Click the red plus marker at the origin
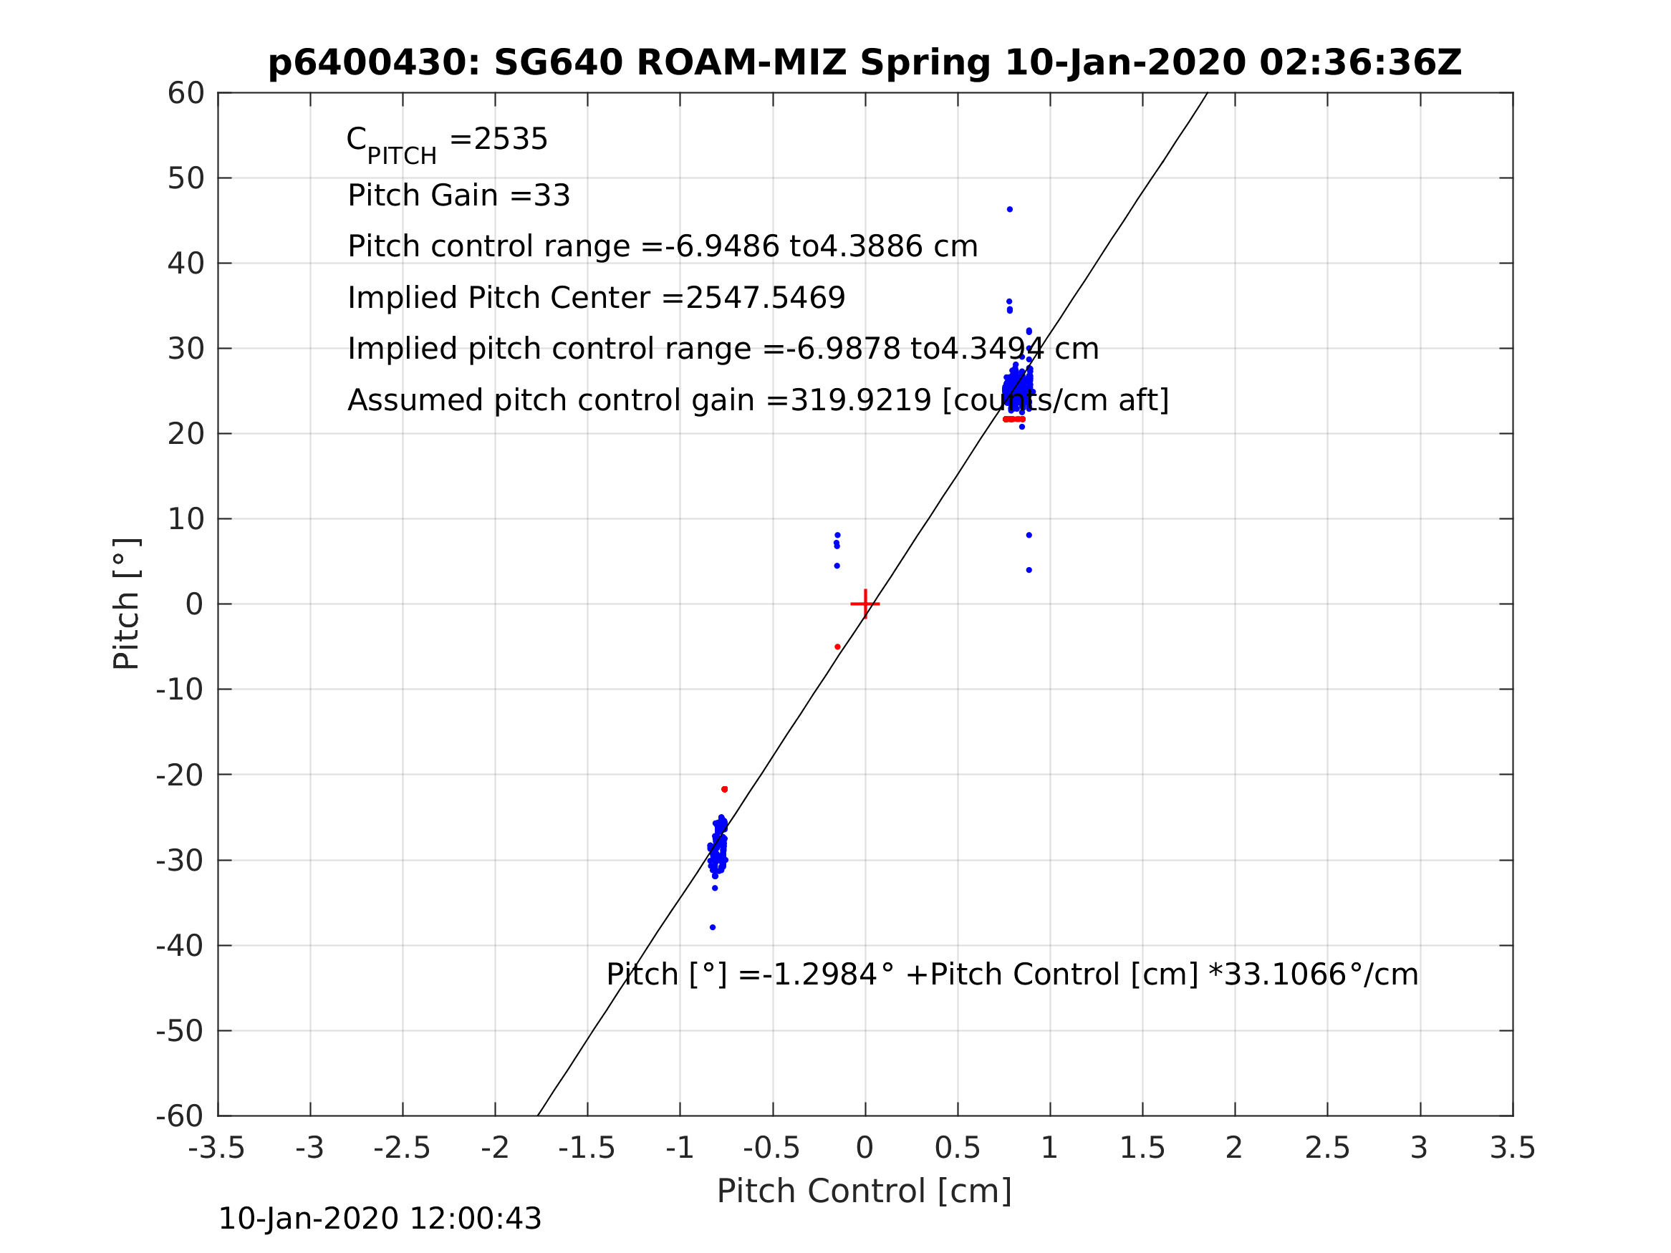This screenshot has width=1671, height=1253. point(865,604)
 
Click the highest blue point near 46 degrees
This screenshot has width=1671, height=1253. point(1010,209)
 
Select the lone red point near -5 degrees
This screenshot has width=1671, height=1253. point(838,647)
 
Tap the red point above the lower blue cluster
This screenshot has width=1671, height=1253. point(724,789)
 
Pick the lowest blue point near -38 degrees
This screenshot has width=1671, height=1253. point(713,927)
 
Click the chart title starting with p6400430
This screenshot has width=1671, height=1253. point(865,63)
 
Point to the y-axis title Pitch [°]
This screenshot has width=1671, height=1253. point(126,604)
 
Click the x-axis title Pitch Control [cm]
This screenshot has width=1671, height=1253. point(865,1191)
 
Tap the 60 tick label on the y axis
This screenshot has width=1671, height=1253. point(186,94)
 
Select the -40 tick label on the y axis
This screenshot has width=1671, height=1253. point(180,946)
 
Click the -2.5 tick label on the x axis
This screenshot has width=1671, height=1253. point(402,1148)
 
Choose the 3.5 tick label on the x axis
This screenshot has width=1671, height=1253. point(1513,1148)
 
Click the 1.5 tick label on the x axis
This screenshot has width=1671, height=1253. point(1142,1148)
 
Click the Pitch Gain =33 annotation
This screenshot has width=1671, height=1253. point(458,195)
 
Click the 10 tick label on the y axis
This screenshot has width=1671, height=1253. point(186,520)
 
